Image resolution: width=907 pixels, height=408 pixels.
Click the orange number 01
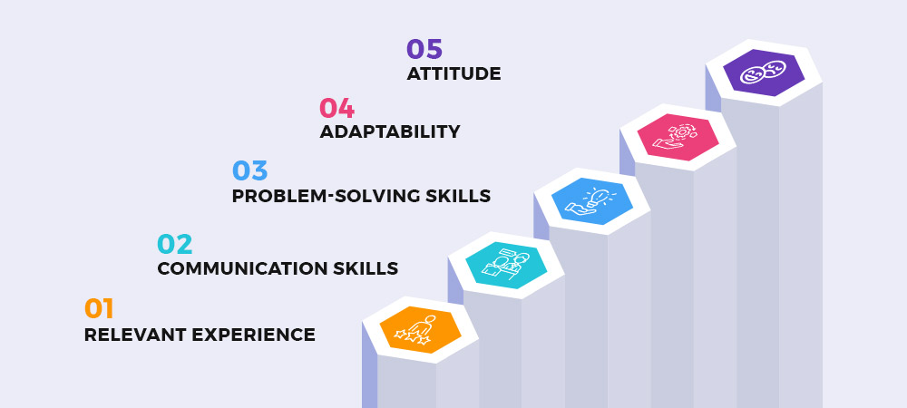[99, 308]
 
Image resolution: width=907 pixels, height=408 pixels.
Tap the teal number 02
[175, 245]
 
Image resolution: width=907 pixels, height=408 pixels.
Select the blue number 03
[250, 171]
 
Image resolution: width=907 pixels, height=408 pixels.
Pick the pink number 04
[337, 109]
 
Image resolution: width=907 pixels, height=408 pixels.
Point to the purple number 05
[424, 49]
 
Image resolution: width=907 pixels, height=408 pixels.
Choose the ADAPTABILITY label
[390, 131]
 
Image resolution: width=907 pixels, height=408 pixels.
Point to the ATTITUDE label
[453, 73]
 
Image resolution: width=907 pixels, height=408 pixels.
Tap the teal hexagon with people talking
[506, 266]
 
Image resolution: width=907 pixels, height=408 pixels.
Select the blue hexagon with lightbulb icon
[591, 201]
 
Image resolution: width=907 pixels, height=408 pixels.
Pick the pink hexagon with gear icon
[678, 137]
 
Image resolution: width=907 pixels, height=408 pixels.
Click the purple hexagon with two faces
[764, 73]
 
